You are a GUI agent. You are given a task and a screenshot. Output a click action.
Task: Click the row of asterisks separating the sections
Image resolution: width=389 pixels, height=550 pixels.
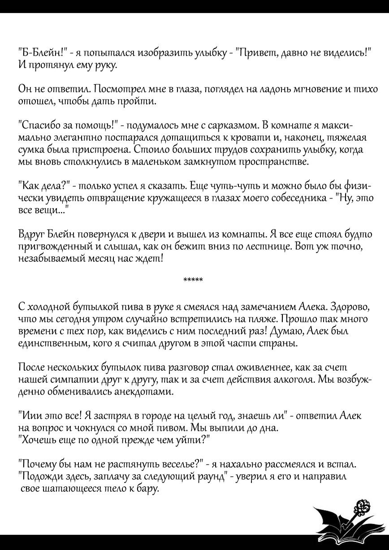193,281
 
